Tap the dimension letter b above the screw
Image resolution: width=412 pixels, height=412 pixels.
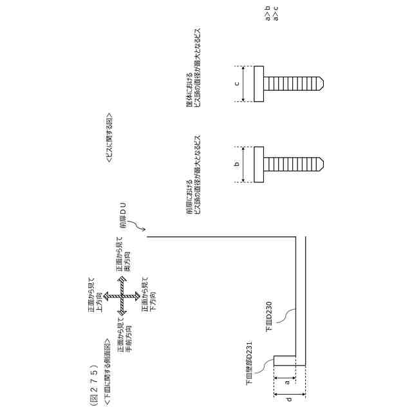click(236, 164)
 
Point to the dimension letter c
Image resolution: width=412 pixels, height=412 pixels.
click(236, 84)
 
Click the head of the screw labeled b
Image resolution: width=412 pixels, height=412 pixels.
click(259, 164)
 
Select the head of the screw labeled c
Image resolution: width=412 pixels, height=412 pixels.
click(259, 84)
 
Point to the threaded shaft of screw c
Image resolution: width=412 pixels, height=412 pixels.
click(293, 84)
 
